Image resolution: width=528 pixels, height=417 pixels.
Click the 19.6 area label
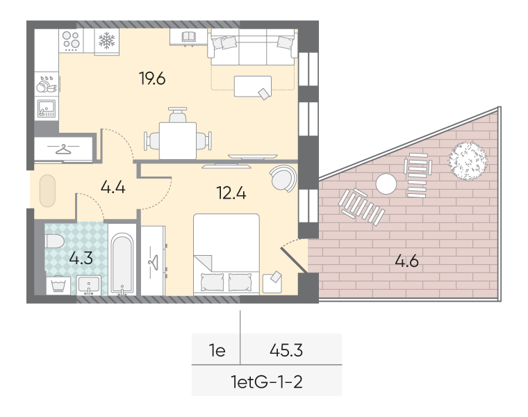coord(152,79)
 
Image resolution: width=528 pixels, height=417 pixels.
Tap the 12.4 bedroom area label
coord(231,193)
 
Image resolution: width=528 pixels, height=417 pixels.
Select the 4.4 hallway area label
coord(113,187)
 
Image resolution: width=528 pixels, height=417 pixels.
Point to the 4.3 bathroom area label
coord(81,259)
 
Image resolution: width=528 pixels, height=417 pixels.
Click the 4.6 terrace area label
coord(407,261)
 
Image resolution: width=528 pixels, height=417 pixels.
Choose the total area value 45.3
coord(286,350)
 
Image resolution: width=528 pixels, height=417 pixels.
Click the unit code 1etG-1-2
coord(267,382)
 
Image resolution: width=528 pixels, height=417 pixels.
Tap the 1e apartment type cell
coord(217,351)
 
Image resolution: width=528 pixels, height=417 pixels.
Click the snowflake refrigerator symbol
coord(107,40)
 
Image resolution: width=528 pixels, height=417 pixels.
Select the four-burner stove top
coord(71,41)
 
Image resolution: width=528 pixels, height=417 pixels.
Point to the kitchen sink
coord(47,108)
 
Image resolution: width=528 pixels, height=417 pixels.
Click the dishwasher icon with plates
coord(47,84)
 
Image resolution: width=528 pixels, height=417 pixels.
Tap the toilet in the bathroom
coord(55,241)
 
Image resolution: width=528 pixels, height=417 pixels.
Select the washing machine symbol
coord(58,286)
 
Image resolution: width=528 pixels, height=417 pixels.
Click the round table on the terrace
coord(386,184)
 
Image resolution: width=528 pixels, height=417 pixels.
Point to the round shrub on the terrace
coord(468,161)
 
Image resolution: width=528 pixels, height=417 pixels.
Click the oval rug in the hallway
coord(47,190)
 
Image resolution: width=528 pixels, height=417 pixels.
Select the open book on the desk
coord(189,36)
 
